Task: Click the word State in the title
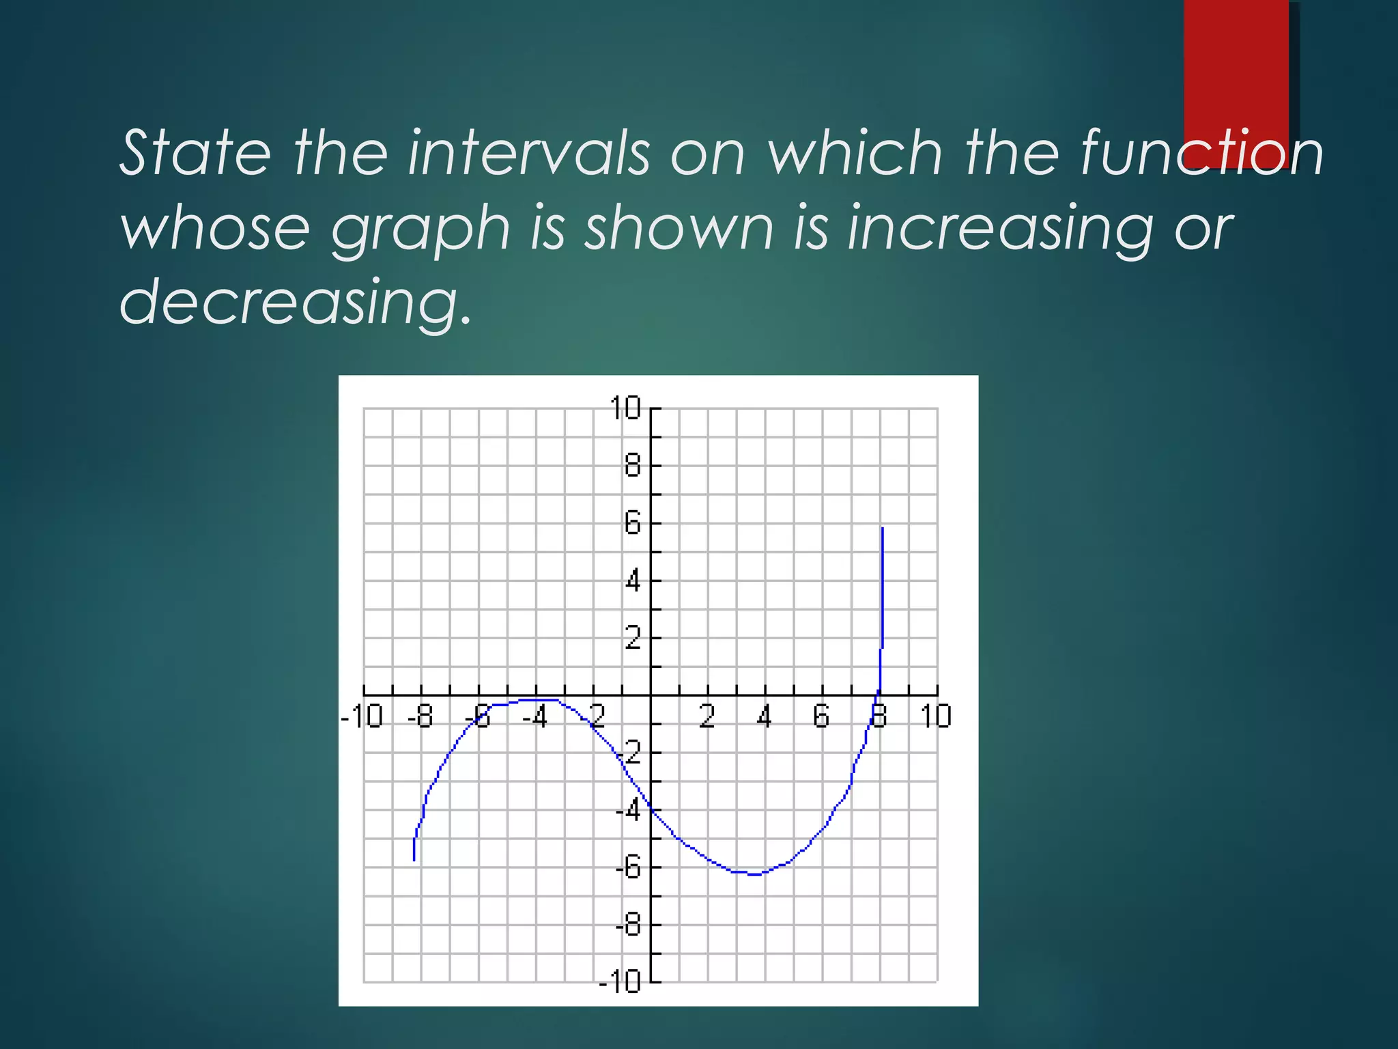point(195,153)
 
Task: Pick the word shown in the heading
point(679,228)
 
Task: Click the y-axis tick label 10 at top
point(625,408)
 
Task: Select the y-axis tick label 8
point(633,466)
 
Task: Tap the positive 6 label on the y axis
point(633,524)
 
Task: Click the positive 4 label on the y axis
point(633,582)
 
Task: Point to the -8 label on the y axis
point(628,926)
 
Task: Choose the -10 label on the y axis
point(620,982)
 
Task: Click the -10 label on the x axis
point(362,717)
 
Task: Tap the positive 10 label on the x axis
point(935,717)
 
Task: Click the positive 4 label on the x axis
point(765,717)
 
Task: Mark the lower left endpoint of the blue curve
point(414,859)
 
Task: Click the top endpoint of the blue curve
point(883,529)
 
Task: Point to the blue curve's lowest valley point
point(755,874)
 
